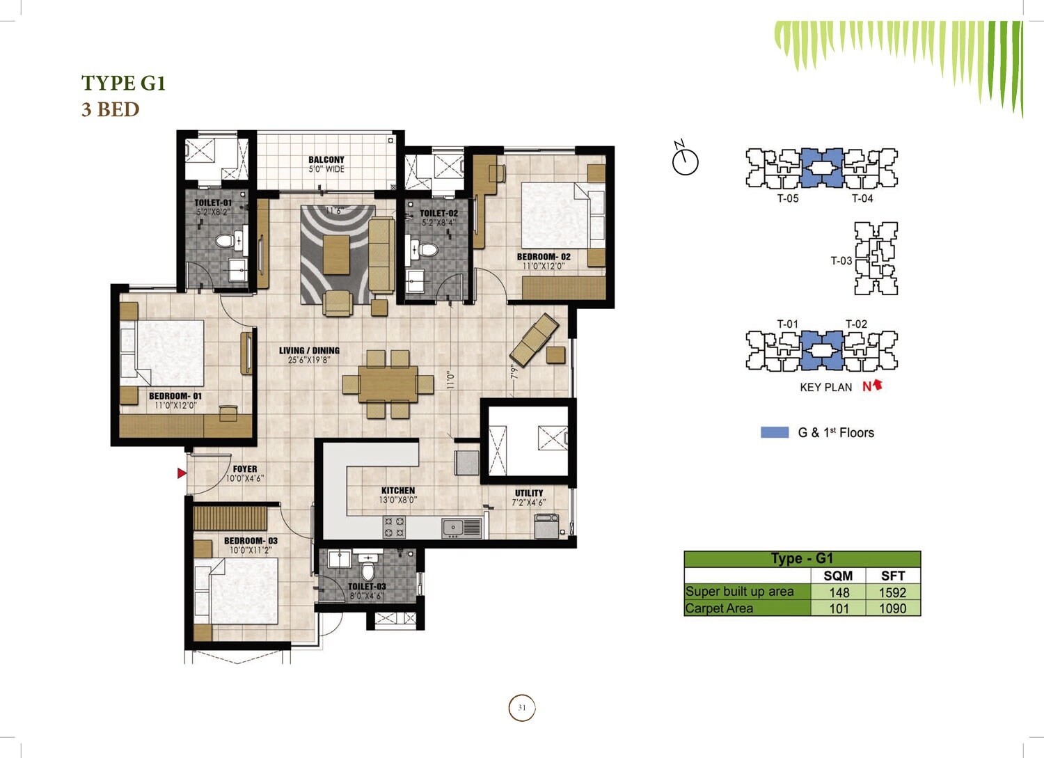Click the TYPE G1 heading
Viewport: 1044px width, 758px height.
[x=123, y=83]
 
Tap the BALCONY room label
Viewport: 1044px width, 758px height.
[x=326, y=160]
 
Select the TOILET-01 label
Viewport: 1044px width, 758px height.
[x=213, y=203]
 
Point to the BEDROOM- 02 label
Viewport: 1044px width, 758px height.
[x=544, y=257]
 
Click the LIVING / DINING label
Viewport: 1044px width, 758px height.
[x=309, y=351]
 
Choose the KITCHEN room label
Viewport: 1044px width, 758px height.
[x=398, y=491]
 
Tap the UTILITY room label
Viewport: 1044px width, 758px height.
[x=529, y=493]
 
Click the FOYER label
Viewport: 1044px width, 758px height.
[x=245, y=469]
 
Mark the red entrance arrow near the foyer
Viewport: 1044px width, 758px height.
[x=182, y=473]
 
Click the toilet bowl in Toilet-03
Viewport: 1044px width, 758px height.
[x=368, y=571]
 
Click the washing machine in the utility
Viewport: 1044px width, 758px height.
[x=546, y=526]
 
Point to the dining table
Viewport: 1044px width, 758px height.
[x=388, y=384]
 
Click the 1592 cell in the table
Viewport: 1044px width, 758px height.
[x=892, y=592]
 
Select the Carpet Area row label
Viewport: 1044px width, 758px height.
[x=719, y=608]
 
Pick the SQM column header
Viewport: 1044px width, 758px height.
[x=838, y=576]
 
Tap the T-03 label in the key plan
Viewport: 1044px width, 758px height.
[x=841, y=261]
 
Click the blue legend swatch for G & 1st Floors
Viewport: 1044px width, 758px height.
[x=775, y=432]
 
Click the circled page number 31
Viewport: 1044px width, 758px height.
[x=522, y=708]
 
